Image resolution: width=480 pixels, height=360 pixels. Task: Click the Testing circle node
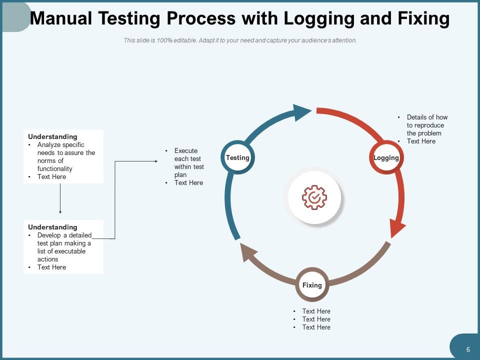click(237, 158)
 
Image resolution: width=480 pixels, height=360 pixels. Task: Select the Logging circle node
click(386, 158)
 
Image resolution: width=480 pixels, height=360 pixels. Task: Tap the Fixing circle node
click(312, 285)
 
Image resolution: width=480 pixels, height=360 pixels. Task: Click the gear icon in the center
click(314, 197)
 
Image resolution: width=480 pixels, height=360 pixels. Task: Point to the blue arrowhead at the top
click(301, 112)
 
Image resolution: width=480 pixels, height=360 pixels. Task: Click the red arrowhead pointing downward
click(397, 228)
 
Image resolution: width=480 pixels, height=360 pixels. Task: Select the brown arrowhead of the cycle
click(248, 252)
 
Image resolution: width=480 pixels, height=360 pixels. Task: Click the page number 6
click(468, 349)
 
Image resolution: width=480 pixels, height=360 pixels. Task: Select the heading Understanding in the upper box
click(52, 136)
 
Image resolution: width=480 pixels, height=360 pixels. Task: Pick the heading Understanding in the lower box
click(52, 227)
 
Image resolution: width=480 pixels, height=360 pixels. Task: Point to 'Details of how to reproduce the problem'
click(426, 125)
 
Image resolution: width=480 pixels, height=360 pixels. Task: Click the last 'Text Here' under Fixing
click(316, 327)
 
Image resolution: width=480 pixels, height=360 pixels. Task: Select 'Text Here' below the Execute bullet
click(188, 182)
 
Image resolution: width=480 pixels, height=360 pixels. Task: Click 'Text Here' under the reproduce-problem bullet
click(421, 141)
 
